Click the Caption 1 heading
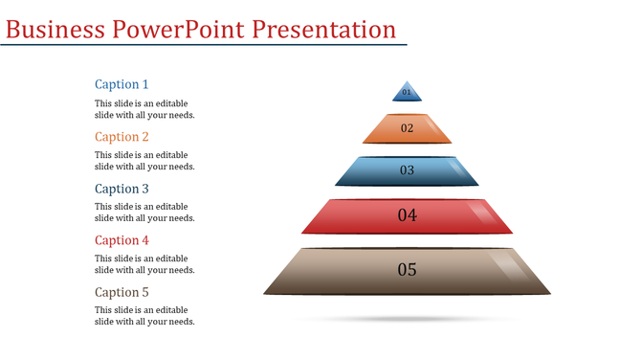(x=122, y=84)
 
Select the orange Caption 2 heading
(x=122, y=137)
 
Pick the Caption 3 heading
(x=122, y=189)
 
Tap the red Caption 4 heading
(x=122, y=240)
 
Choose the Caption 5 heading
(x=122, y=292)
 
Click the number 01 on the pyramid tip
(x=407, y=93)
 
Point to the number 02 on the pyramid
(x=407, y=128)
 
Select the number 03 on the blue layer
(x=407, y=170)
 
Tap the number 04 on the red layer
(x=408, y=215)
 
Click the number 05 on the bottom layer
(x=408, y=270)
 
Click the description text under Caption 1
(x=144, y=109)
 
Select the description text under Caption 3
(x=144, y=213)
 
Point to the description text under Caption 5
(x=144, y=316)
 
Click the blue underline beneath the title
(x=203, y=45)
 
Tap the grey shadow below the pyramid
(x=408, y=318)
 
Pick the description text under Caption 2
(x=144, y=161)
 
